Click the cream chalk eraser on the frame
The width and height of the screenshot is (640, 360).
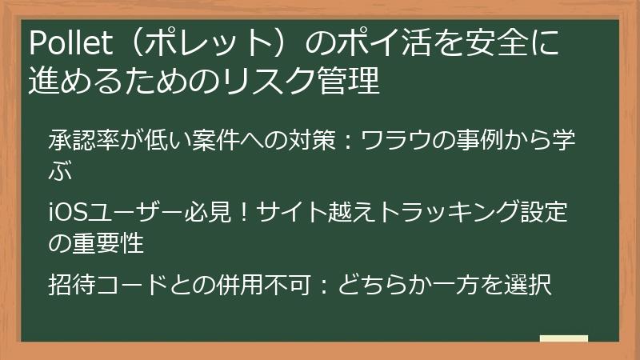click(x=564, y=338)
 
